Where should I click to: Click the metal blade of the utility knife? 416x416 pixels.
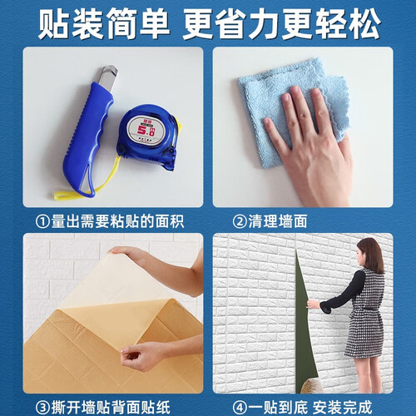[x=108, y=77]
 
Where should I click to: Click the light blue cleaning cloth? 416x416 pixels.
[x=291, y=111]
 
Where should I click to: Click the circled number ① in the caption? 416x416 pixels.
[x=42, y=222]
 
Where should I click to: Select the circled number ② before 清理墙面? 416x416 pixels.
[x=240, y=222]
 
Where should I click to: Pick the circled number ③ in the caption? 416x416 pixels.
[x=42, y=408]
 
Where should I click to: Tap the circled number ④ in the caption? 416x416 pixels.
[x=240, y=408]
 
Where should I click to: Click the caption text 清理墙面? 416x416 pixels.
[x=278, y=221]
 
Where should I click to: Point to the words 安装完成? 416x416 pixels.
[x=342, y=407]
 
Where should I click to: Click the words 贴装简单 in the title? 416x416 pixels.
[x=104, y=24]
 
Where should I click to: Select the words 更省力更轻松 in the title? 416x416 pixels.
[x=281, y=24]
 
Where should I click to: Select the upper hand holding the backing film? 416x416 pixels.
[x=156, y=266]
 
